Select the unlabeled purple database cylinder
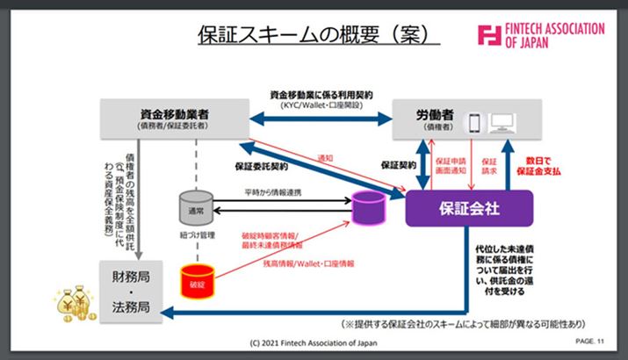[x=368, y=209]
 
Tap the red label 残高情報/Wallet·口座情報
[x=303, y=263]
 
